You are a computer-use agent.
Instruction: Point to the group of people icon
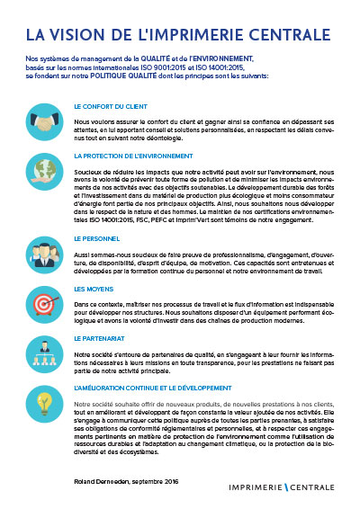pyautogui.click(x=41, y=249)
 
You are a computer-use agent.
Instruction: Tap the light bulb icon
pyautogui.click(x=41, y=400)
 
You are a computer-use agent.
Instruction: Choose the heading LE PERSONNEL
pyautogui.click(x=94, y=238)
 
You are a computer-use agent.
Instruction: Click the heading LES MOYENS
pyautogui.click(x=92, y=289)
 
